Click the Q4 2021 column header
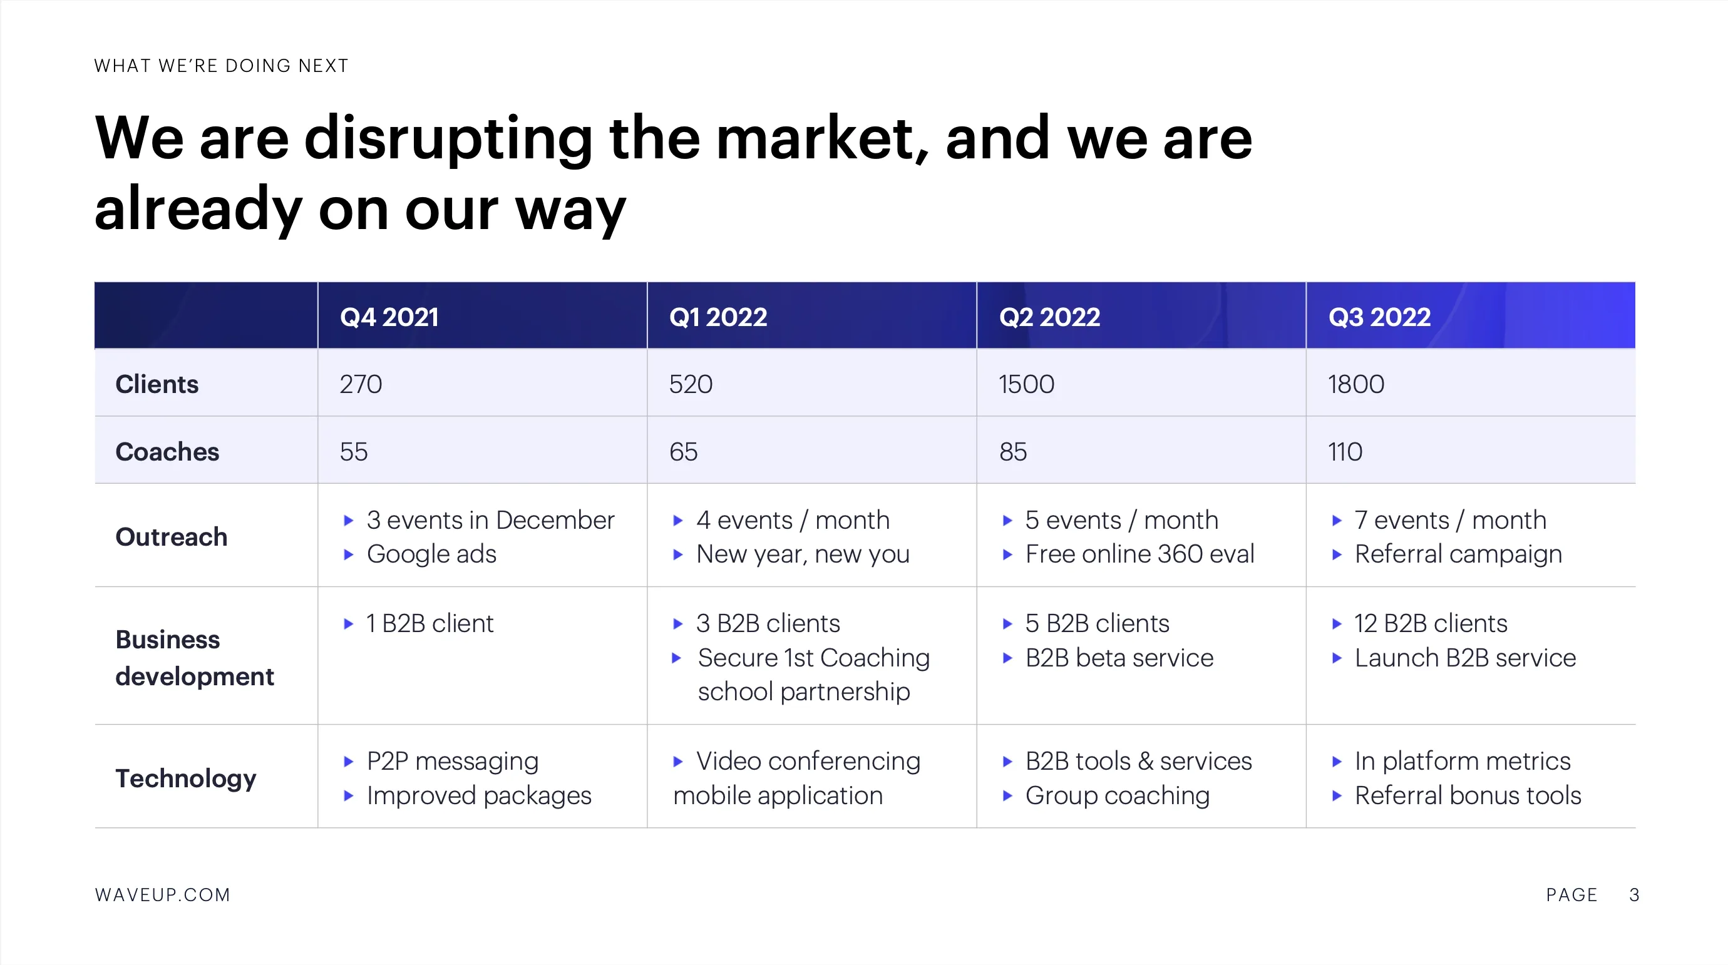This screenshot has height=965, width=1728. click(x=389, y=317)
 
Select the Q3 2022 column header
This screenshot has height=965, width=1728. click(x=1379, y=317)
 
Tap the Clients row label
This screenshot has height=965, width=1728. click(x=157, y=384)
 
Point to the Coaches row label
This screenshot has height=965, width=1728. click(x=167, y=451)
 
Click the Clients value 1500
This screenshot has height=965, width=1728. click(x=1026, y=384)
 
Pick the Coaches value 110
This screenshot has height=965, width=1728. click(x=1345, y=451)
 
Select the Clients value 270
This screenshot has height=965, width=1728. click(x=361, y=384)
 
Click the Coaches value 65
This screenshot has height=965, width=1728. click(x=683, y=451)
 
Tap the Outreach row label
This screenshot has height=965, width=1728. click(x=172, y=536)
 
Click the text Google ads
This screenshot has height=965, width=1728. click(x=431, y=554)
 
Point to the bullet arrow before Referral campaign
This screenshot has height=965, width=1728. click(x=1336, y=554)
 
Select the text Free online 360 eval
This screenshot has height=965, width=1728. click(x=1139, y=554)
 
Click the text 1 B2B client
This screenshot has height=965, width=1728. click(x=429, y=624)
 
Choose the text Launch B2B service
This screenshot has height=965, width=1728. click(x=1465, y=658)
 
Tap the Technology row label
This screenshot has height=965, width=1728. click(x=186, y=779)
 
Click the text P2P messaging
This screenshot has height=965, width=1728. click(x=452, y=762)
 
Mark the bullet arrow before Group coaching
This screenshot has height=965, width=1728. click(x=1007, y=796)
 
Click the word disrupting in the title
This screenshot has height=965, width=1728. click(x=448, y=140)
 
